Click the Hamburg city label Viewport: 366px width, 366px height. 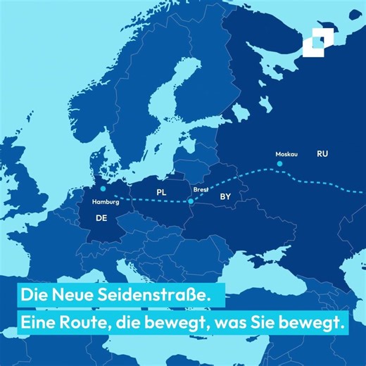coord(106,201)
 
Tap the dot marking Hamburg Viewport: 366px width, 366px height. coord(103,189)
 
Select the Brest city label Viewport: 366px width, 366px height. coord(201,189)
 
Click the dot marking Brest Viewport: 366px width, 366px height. coord(191,202)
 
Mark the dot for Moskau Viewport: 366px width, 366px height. coord(279,163)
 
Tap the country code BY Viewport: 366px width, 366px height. coord(226,198)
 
